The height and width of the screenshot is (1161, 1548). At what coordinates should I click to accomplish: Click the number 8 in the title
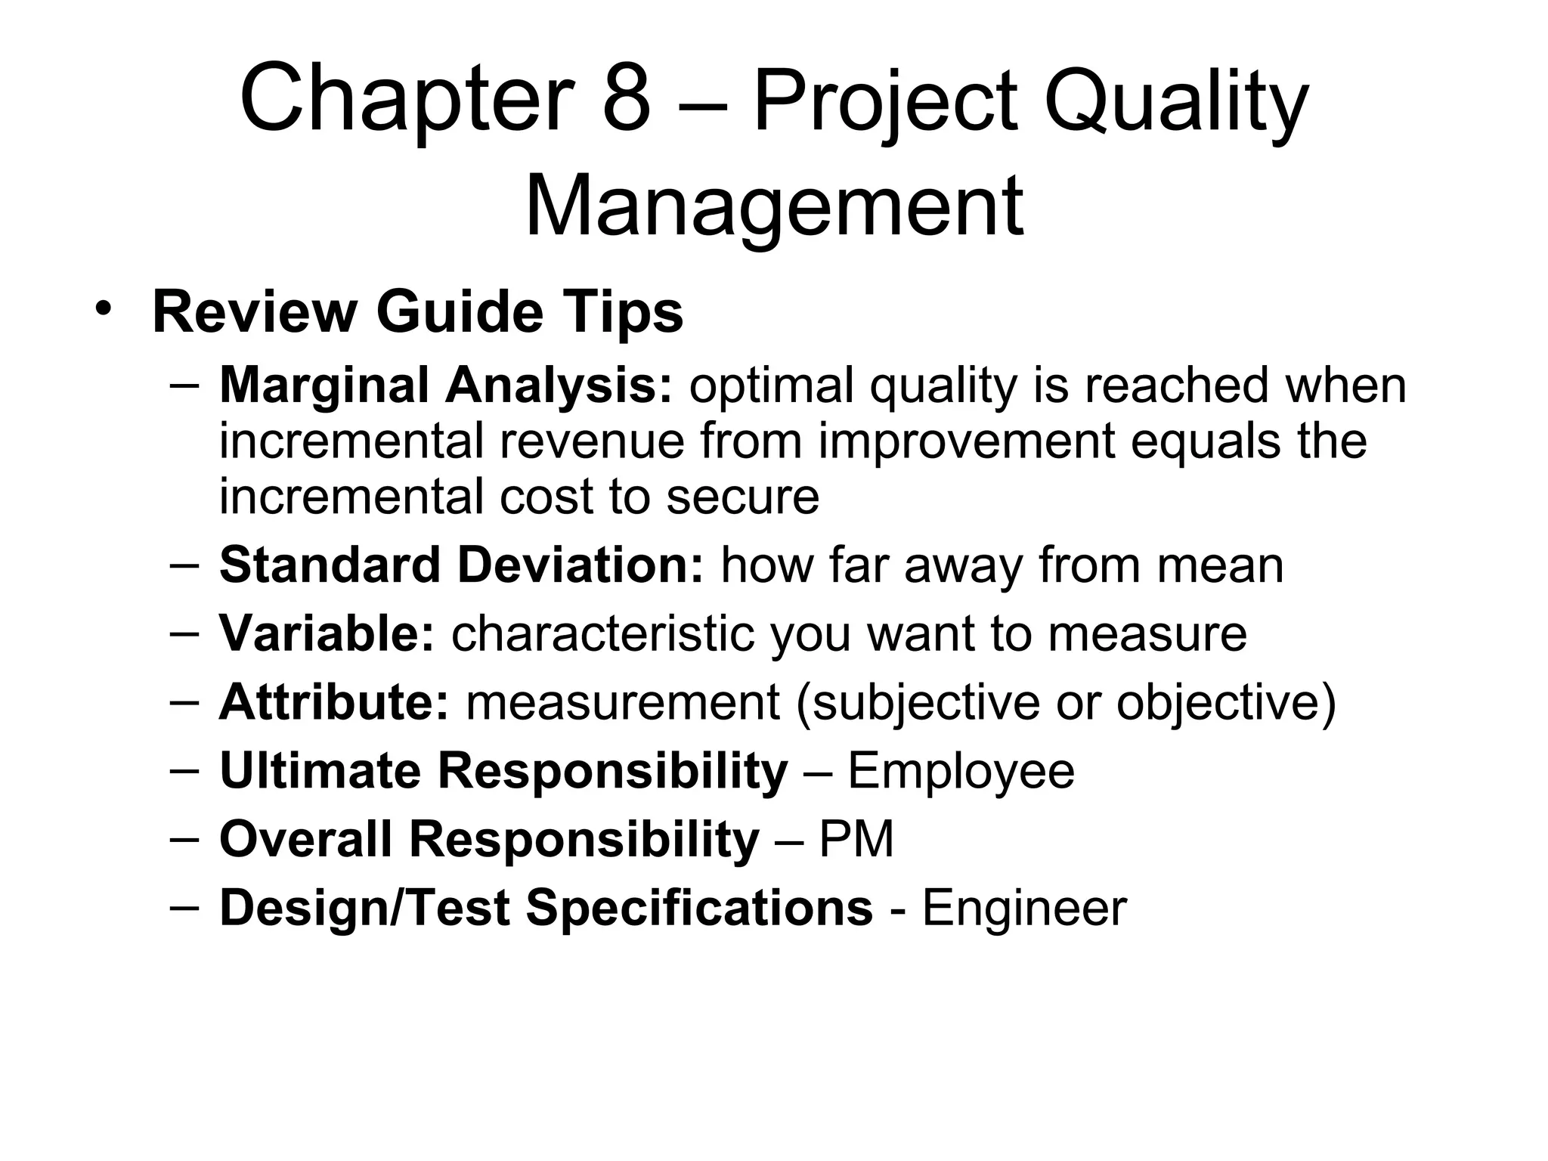point(627,101)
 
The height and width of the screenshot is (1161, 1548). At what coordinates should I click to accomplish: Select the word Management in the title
point(774,207)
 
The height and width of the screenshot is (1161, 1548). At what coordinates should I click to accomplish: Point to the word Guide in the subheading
point(460,313)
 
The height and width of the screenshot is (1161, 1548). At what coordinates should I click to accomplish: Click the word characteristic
point(602,633)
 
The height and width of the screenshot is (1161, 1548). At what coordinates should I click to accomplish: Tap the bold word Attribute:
point(334,701)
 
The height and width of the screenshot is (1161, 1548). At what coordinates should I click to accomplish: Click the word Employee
point(961,771)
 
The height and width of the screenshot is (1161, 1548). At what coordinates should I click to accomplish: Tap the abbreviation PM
point(856,839)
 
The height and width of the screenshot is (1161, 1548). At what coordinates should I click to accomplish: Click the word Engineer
point(1024,908)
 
